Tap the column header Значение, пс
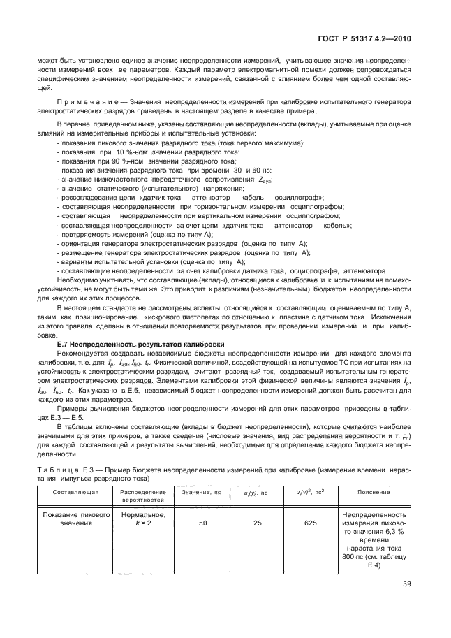(201, 492)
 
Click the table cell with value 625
(310, 522)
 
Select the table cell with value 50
(202, 522)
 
